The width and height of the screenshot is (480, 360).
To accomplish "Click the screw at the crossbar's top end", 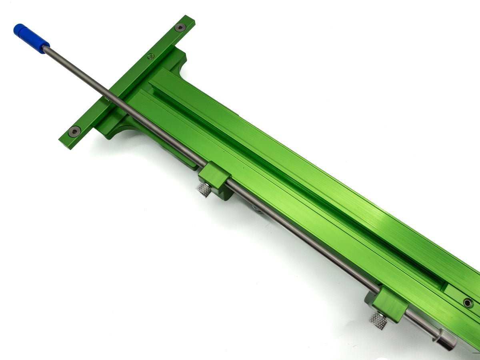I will coord(180,28).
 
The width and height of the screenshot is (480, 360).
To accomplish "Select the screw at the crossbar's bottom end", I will coord(74,131).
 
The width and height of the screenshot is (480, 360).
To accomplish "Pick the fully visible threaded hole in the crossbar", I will coord(151,56).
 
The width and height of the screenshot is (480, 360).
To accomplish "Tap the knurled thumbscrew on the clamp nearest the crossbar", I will coord(204,190).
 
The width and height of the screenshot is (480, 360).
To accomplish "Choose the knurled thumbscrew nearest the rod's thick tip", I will coord(378,320).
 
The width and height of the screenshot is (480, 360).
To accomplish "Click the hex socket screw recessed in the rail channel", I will coord(467,302).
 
